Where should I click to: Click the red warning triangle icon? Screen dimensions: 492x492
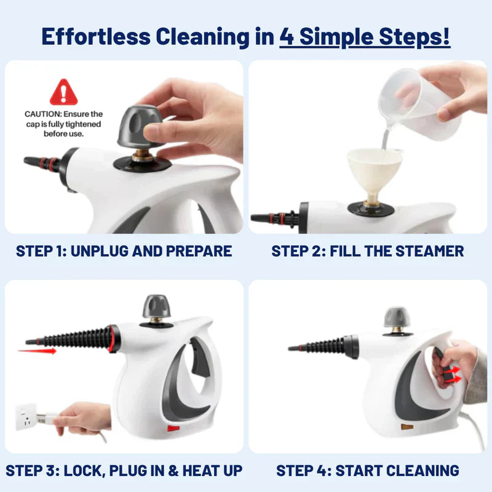tap(64, 92)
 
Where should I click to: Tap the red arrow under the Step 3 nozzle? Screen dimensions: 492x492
tap(37, 351)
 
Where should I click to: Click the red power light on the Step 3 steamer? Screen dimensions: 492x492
tap(173, 427)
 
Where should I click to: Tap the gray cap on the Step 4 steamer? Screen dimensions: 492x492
tap(397, 317)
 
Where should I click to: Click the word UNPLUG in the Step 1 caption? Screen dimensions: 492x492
tap(102, 251)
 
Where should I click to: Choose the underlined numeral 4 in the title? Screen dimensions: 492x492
tap(287, 36)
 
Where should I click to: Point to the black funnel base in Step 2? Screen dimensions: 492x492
tap(371, 207)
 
